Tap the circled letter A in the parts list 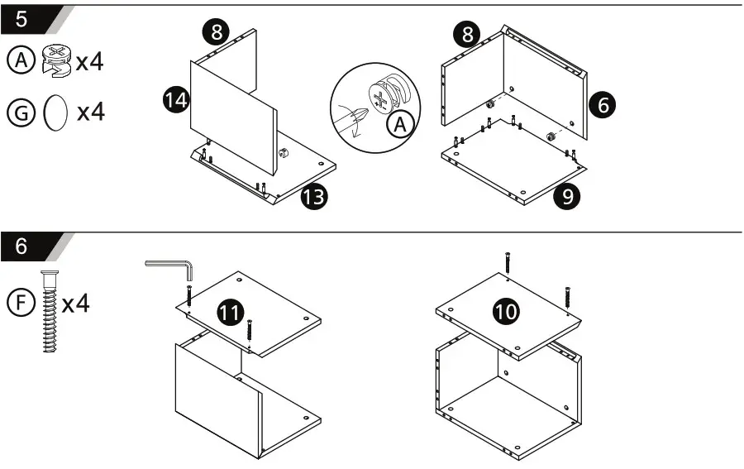(x=19, y=60)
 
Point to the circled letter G (x=19, y=112)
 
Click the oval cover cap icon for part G (x=55, y=112)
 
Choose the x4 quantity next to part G (x=90, y=112)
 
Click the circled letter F (x=19, y=303)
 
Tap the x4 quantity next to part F (x=76, y=303)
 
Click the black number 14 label (x=176, y=101)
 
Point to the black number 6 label (x=603, y=105)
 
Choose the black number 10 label (x=506, y=312)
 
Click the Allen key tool (x=171, y=267)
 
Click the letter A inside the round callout (x=400, y=126)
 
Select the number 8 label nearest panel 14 (x=216, y=32)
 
